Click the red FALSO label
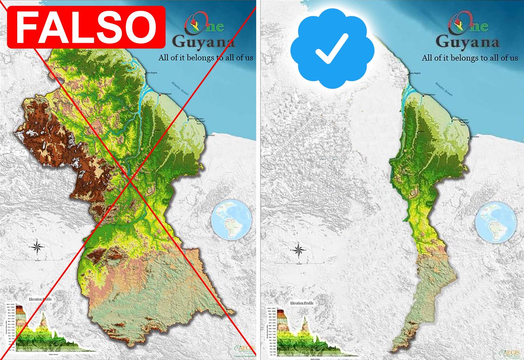(86, 27)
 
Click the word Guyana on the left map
(203, 42)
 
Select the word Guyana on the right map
(467, 42)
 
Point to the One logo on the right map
(464, 25)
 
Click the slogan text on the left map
(206, 57)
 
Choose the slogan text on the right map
(469, 57)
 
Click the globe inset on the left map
(231, 219)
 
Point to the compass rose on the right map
(299, 250)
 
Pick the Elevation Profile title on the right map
(301, 302)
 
